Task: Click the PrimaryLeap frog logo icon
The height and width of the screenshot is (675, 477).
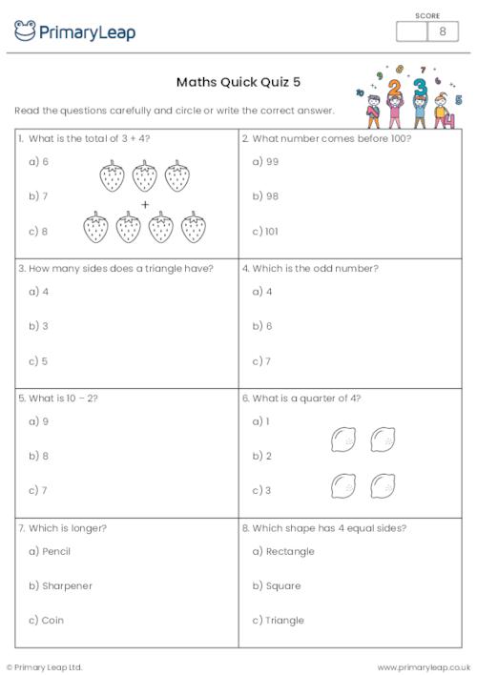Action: pyautogui.click(x=25, y=31)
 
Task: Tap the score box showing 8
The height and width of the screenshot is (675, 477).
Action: pyautogui.click(x=442, y=31)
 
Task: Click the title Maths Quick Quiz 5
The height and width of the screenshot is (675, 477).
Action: pyautogui.click(x=238, y=82)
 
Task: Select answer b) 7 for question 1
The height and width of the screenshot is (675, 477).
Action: pyautogui.click(x=38, y=196)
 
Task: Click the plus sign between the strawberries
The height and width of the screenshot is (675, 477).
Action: pyautogui.click(x=145, y=205)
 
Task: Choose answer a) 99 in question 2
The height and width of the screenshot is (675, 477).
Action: pyautogui.click(x=265, y=162)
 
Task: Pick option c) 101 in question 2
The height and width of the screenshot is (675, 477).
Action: pyautogui.click(x=265, y=231)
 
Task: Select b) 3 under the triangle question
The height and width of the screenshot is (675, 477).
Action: pyautogui.click(x=38, y=326)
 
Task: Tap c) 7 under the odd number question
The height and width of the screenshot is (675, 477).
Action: pyautogui.click(x=261, y=361)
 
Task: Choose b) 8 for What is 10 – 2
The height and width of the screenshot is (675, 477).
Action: pyautogui.click(x=38, y=456)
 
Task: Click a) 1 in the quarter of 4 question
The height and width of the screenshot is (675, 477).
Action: pyautogui.click(x=260, y=421)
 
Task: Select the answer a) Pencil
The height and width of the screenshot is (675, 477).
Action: pyautogui.click(x=50, y=551)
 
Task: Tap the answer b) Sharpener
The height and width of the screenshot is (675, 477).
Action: pyautogui.click(x=60, y=585)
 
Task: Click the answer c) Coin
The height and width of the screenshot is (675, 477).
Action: pyautogui.click(x=46, y=620)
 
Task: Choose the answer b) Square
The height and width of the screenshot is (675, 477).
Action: pyautogui.click(x=276, y=585)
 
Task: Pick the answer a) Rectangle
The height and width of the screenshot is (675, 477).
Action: pyautogui.click(x=282, y=551)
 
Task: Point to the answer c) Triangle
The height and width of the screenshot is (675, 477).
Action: pyautogui.click(x=278, y=620)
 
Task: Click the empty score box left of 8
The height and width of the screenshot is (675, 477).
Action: pyautogui.click(x=411, y=31)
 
